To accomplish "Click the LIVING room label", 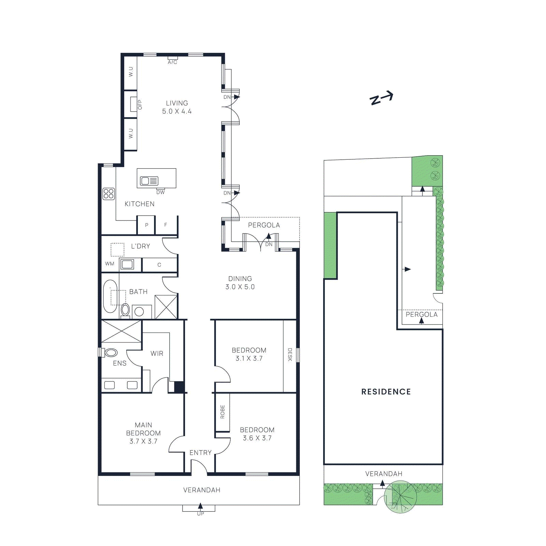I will click(x=177, y=103).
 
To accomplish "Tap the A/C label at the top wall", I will click(x=172, y=62).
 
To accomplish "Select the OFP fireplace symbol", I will click(x=134, y=104).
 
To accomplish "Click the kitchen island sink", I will click(x=149, y=181).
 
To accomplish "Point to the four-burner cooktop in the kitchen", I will click(x=109, y=194).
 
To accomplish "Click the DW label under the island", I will click(x=160, y=192).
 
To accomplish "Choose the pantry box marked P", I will click(x=146, y=225).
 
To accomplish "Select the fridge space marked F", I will click(x=166, y=225).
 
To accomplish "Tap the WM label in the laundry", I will click(x=110, y=264).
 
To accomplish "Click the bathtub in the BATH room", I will click(x=110, y=296).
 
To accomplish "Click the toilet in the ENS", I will click(x=111, y=353).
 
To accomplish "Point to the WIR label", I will click(x=157, y=354).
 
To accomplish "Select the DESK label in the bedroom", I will click(x=290, y=355).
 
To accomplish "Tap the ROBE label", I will click(x=222, y=412).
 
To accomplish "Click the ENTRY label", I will click(x=201, y=453).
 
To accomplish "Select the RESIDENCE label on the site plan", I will click(x=386, y=392).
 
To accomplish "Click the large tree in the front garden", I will click(x=400, y=497).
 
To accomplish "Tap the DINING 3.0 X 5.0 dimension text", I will click(x=240, y=287).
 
